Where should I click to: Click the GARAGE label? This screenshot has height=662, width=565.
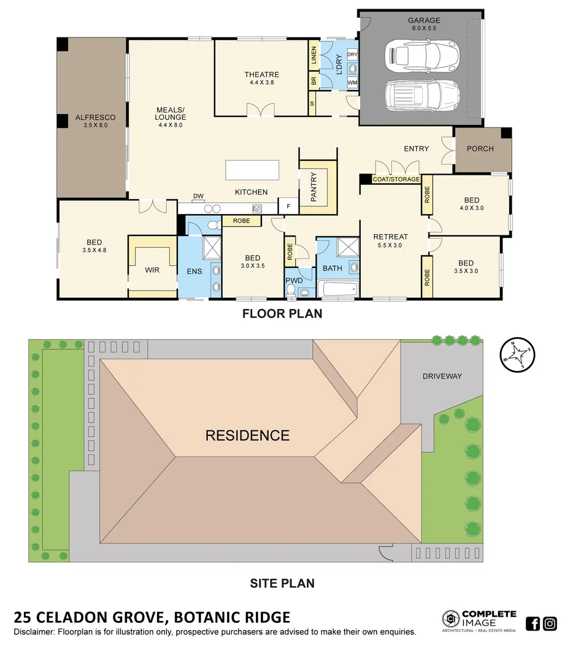[424, 20]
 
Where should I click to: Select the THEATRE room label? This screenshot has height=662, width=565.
[261, 75]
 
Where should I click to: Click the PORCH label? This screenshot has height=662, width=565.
[480, 148]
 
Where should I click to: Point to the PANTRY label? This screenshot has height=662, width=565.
[313, 186]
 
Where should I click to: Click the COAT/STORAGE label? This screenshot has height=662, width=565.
[396, 180]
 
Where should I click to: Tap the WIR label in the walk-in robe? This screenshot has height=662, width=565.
[152, 270]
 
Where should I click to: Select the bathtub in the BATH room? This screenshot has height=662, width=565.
[337, 289]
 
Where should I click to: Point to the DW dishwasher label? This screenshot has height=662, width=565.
[198, 196]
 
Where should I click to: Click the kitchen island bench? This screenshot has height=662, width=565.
[252, 170]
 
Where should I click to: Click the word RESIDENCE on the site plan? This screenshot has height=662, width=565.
[247, 436]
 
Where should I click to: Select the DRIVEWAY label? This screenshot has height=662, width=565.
[441, 376]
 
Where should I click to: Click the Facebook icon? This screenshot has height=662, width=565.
[533, 624]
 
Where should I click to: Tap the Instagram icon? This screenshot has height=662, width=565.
[550, 624]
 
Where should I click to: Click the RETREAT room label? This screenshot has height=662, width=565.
[391, 237]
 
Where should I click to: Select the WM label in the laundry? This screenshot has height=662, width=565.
[352, 82]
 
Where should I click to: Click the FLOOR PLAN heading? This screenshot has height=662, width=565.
[282, 314]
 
